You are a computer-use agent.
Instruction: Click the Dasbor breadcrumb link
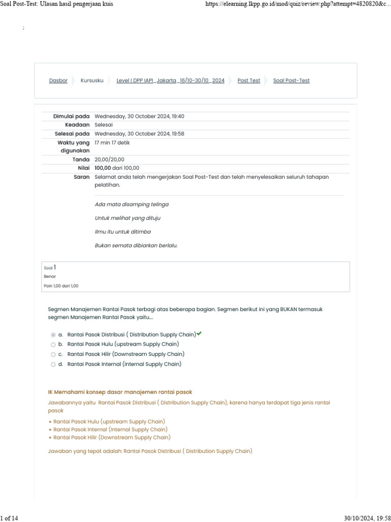pos(58,81)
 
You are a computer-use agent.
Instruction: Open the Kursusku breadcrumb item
pos(92,81)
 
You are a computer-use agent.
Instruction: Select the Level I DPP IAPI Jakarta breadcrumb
pos(170,81)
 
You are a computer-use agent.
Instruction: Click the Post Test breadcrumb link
pos(248,81)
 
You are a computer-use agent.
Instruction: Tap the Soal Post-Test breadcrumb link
pos(291,81)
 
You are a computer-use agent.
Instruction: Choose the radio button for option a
pos(53,335)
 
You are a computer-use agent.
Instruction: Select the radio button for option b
pos(53,345)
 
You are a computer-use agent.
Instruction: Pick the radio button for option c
pos(53,354)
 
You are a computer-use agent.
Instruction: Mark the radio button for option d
pos(53,364)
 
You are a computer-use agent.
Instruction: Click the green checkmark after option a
pos(199,334)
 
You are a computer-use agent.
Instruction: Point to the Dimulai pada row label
pos(71,116)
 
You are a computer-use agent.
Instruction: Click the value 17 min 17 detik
pos(112,143)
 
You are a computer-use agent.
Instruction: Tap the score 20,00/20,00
pos(109,160)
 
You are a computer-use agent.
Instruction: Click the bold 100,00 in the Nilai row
pos(102,168)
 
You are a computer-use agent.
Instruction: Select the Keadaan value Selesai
pos(104,125)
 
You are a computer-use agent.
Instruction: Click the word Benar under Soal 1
pos(50,276)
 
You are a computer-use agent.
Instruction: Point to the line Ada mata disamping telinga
pos(131,204)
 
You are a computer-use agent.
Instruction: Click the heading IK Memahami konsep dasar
pos(120,392)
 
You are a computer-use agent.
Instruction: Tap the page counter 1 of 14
pos(10,518)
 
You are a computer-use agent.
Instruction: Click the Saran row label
pos(81,177)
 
